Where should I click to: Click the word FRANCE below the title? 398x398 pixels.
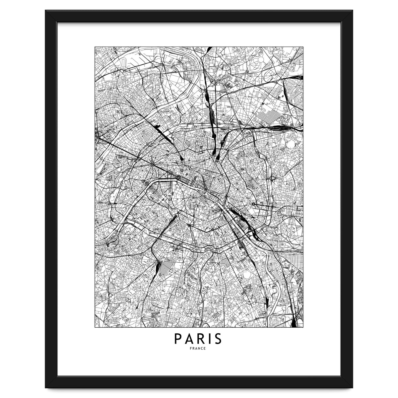pos(199,349)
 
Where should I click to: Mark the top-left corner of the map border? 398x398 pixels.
pos(95,47)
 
